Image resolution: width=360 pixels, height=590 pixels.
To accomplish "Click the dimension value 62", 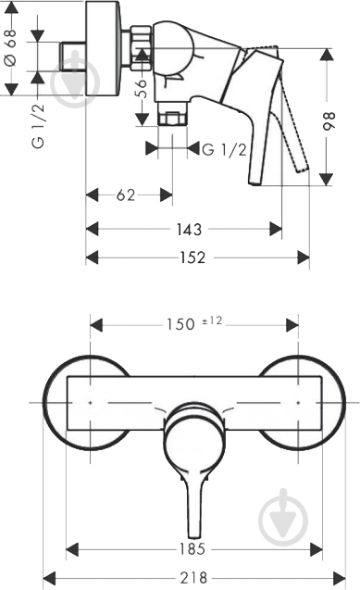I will pyautogui.click(x=128, y=195).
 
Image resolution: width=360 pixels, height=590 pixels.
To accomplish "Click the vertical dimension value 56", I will pyautogui.click(x=142, y=92).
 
